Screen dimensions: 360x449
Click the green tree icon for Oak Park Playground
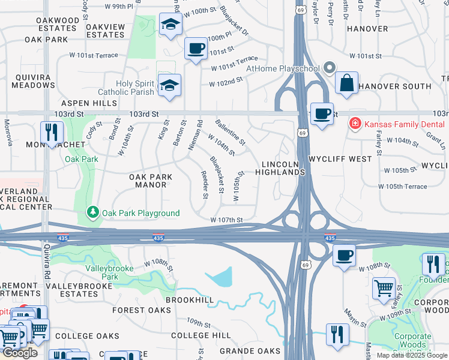93,212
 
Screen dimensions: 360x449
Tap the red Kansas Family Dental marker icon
355,124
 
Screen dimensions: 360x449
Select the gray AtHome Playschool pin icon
330,68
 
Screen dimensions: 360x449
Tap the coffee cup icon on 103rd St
322,113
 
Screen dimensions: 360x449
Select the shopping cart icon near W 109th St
384,288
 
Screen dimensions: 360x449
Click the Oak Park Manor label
147,181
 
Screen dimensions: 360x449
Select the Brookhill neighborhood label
189,299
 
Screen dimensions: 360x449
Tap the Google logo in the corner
20,353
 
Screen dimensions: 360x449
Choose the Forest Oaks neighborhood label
142,310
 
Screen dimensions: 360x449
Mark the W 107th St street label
226,220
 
